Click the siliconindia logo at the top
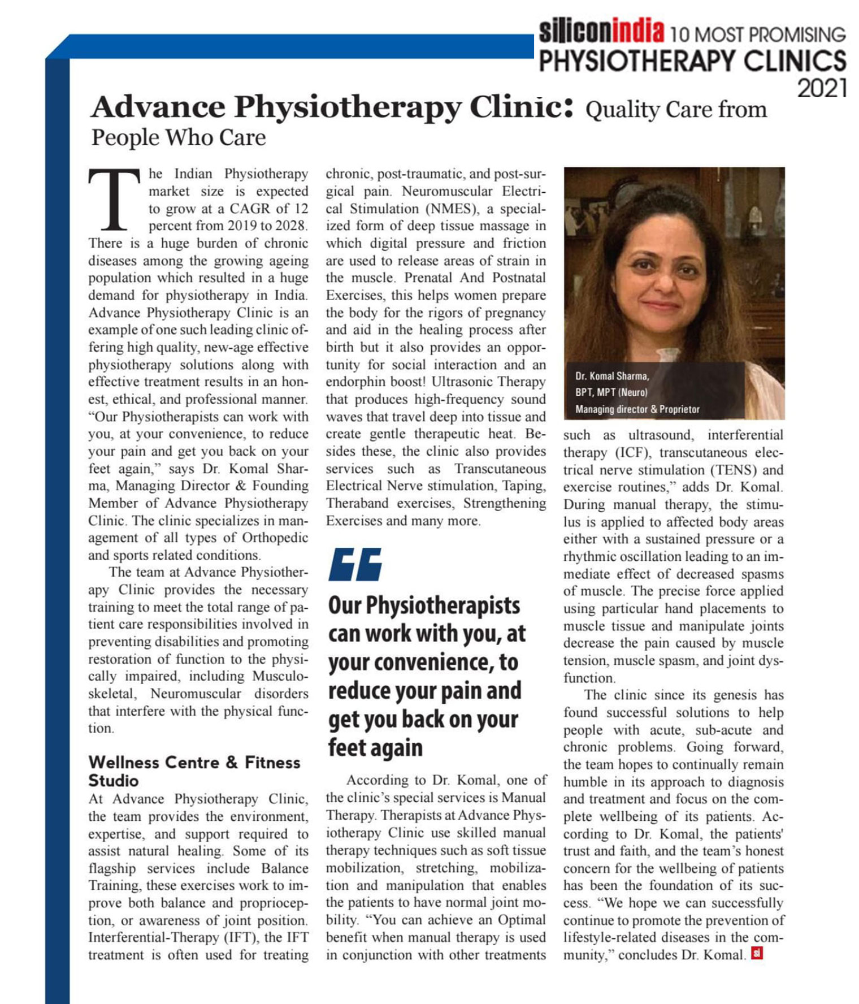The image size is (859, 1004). coord(601,32)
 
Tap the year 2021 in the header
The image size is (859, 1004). coord(822,88)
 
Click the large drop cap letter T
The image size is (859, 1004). coord(114,200)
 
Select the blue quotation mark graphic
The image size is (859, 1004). coord(355,564)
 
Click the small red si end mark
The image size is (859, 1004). coord(757,954)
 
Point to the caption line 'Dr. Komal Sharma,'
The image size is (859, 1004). coord(612,376)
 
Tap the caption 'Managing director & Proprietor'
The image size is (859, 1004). coord(637,409)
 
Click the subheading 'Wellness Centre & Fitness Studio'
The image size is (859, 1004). coord(194,771)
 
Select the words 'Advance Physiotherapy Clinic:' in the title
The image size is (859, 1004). coord(332,107)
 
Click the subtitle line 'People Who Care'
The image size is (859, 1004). coord(179,137)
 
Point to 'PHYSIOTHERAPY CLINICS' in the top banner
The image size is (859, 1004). coord(692,61)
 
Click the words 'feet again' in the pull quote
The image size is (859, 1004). coord(375,747)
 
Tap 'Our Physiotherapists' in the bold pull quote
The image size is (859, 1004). coord(424,605)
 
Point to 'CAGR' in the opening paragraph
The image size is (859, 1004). coord(250,209)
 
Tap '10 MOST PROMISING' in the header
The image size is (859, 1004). coord(757,35)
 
